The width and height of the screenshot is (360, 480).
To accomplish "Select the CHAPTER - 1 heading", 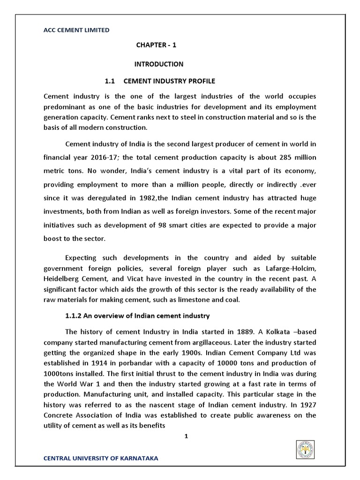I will click(x=156, y=45).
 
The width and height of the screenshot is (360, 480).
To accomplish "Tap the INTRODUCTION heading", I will click(x=159, y=64).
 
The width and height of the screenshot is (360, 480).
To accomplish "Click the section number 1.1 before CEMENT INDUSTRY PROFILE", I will click(x=110, y=81).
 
